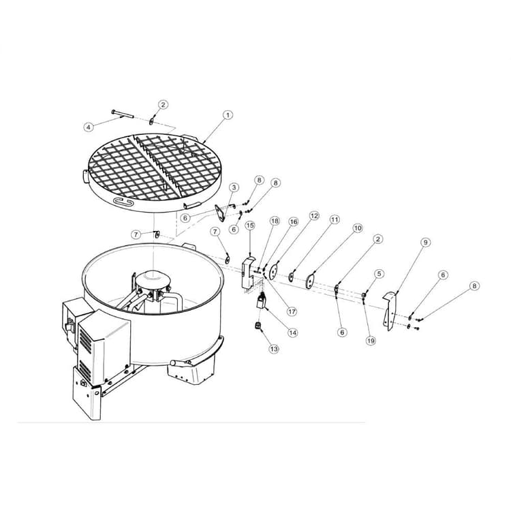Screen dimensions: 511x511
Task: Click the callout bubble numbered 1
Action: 228,115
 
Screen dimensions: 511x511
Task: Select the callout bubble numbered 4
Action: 89,127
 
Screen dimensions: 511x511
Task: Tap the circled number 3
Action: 234,187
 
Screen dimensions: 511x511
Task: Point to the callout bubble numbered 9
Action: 425,242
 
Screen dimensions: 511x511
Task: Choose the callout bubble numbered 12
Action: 314,215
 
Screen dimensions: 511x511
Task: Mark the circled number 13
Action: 274,348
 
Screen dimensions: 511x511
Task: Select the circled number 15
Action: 250,225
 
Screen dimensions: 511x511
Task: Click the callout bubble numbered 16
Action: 294,221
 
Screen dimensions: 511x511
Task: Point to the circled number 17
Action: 292,311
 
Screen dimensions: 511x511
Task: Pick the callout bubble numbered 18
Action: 275,221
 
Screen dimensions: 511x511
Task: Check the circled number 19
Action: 371,341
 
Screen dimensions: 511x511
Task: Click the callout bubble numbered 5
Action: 380,273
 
